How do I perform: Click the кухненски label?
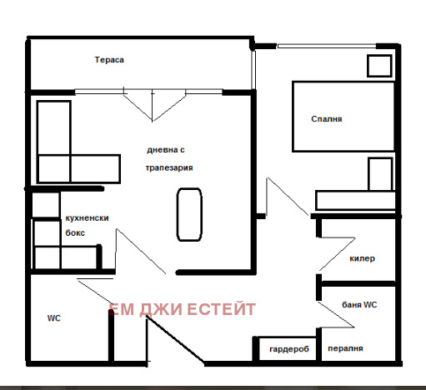coord(87,218)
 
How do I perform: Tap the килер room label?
coord(362,258)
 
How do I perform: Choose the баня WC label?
coord(360,305)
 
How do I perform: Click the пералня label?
coord(344,349)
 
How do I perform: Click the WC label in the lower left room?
coord(54,317)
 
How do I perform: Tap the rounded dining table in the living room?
coord(189,214)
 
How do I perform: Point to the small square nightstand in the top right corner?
coord(378,66)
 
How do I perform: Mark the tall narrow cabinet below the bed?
coord(380,176)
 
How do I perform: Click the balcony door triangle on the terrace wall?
coord(153,103)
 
